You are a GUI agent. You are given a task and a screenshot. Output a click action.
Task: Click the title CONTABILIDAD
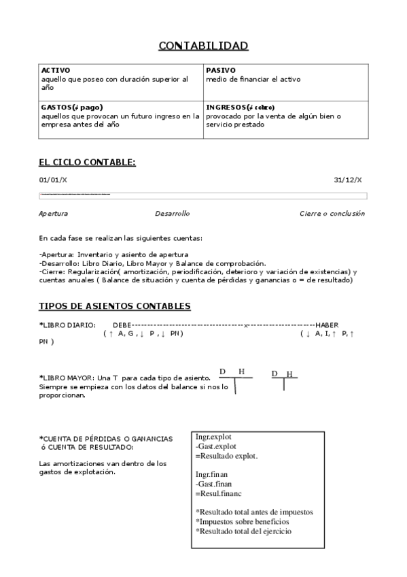coord(203,46)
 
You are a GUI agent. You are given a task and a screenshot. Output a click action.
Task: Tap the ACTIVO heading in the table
coord(56,70)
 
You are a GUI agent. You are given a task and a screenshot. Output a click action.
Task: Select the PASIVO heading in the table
coord(221,70)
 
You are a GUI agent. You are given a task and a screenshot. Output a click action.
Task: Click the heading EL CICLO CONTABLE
coord(87,162)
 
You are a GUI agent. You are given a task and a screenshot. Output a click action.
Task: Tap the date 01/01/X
coord(53,180)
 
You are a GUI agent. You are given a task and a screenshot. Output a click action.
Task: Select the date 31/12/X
coord(348,180)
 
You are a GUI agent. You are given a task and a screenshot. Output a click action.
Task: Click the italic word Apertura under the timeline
coord(53,213)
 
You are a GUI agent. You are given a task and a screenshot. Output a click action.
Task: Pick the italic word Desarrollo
coord(172,213)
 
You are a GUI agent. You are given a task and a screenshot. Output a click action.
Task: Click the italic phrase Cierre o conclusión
coord(332,213)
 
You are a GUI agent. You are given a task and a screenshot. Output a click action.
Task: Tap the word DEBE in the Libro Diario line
coord(122,325)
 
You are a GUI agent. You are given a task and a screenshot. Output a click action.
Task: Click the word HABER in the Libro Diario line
coord(327,325)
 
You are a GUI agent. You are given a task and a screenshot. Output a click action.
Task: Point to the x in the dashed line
coord(246,325)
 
